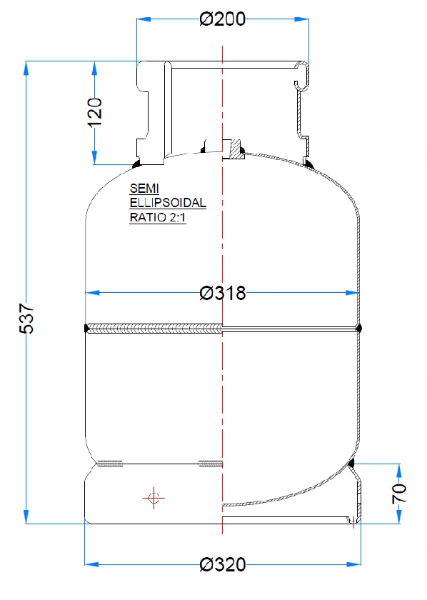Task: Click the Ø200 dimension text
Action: click(223, 19)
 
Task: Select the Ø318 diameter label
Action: click(223, 293)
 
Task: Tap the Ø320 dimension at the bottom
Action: click(223, 565)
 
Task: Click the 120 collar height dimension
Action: click(95, 111)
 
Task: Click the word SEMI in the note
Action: click(141, 189)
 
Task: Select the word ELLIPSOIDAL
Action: click(167, 204)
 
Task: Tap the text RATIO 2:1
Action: click(157, 219)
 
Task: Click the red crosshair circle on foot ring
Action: click(152, 498)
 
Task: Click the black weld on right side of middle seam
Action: click(358, 329)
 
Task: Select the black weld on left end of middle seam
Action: click(86, 329)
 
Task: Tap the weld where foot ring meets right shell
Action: click(351, 466)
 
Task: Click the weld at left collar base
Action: click(136, 165)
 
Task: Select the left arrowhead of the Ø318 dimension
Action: click(90, 292)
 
